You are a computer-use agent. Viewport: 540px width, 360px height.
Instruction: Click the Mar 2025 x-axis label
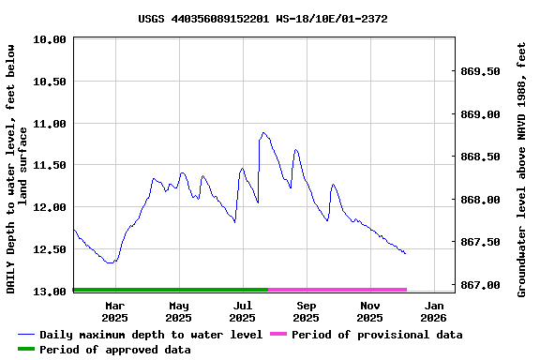pyautogui.click(x=114, y=311)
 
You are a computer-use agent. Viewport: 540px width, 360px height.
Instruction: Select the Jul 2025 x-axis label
pyautogui.click(x=242, y=311)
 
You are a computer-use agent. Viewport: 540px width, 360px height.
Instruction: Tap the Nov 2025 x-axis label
pyautogui.click(x=369, y=311)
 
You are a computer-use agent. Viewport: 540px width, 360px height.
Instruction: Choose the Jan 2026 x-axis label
pyautogui.click(x=433, y=311)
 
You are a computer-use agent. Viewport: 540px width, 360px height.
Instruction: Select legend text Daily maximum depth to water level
pyautogui.click(x=151, y=335)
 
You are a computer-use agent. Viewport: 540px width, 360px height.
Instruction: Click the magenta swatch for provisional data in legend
pyautogui.click(x=277, y=335)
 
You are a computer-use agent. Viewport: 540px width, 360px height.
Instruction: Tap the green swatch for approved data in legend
pyautogui.click(x=25, y=350)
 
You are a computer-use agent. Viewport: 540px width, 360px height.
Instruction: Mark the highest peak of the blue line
pyautogui.click(x=263, y=132)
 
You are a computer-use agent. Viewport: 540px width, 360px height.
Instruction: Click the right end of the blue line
pyautogui.click(x=405, y=253)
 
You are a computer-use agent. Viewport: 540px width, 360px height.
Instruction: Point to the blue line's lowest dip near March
pyautogui.click(x=111, y=263)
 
